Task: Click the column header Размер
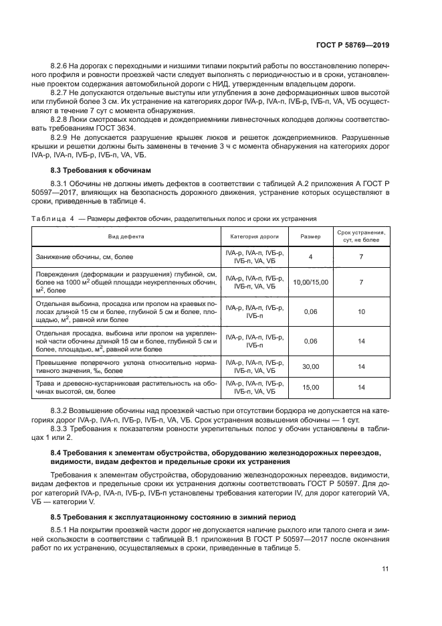pyautogui.click(x=310, y=236)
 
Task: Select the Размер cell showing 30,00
pyautogui.click(x=310, y=366)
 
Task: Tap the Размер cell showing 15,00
pyautogui.click(x=310, y=387)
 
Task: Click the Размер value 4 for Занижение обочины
pyautogui.click(x=310, y=256)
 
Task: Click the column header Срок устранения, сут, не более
pyautogui.click(x=361, y=236)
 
